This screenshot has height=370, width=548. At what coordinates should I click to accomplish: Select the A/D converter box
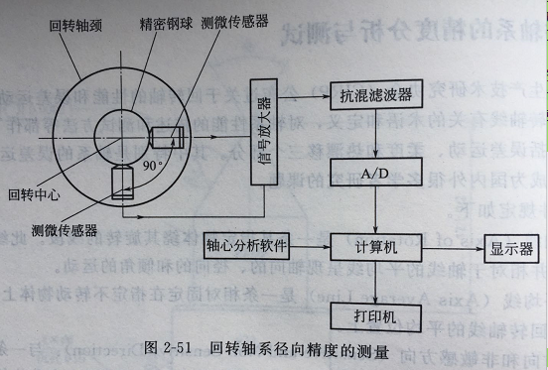375,175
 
